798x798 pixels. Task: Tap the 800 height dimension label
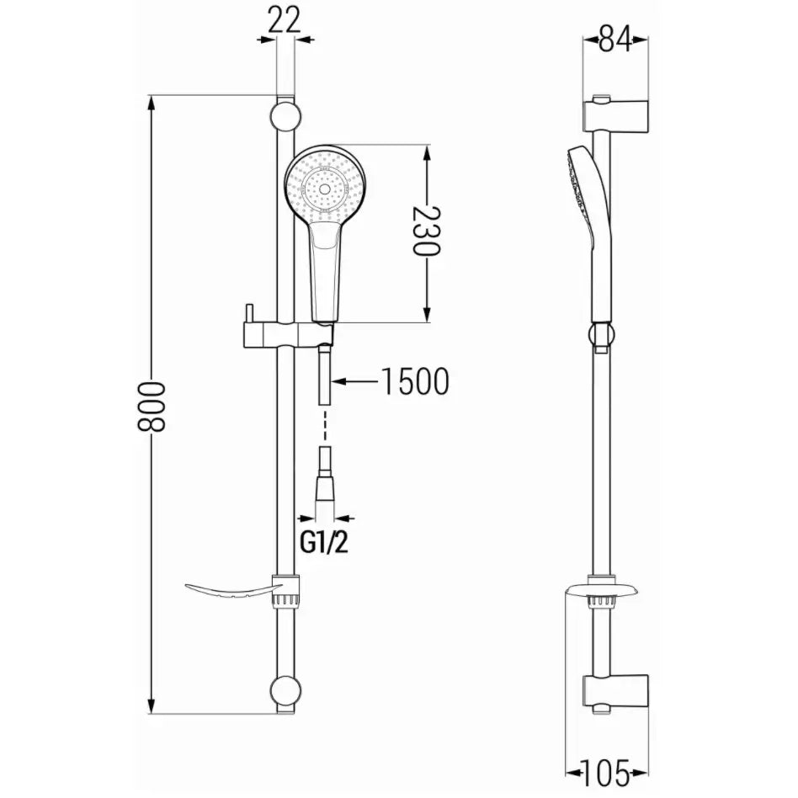pyautogui.click(x=152, y=405)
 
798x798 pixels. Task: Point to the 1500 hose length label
pyautogui.click(x=414, y=382)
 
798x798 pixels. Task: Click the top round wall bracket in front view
pyautogui.click(x=285, y=115)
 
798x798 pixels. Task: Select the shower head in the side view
pyautogui.click(x=586, y=194)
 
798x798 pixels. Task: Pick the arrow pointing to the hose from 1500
pyautogui.click(x=354, y=382)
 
